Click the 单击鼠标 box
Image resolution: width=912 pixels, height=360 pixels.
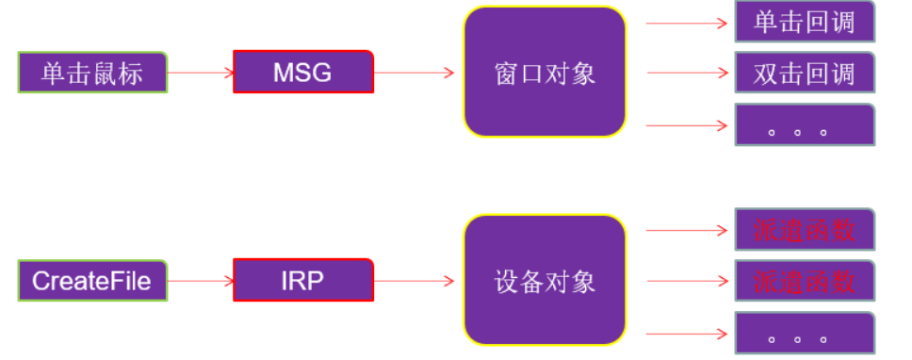[92, 73]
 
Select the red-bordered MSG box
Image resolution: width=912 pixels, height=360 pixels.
[302, 72]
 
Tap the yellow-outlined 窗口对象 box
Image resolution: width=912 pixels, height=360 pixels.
[545, 73]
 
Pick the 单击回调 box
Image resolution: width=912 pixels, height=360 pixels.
[804, 22]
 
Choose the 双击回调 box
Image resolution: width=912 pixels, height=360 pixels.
[804, 73]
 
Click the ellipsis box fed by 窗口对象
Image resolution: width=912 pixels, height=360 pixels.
[804, 125]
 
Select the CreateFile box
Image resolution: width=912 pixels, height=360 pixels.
[92, 280]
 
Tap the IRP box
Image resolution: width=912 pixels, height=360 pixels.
[302, 280]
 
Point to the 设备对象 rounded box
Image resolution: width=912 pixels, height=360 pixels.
[545, 280]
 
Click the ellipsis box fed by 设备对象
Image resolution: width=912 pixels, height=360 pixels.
[804, 334]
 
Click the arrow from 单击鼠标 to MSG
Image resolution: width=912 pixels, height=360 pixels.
[200, 72]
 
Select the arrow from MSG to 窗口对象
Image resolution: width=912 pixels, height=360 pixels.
[415, 72]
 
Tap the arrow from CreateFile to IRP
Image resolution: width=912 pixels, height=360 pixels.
[200, 280]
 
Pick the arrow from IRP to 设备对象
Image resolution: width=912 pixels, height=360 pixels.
[415, 280]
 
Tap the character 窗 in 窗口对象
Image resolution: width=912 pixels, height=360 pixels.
[507, 73]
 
